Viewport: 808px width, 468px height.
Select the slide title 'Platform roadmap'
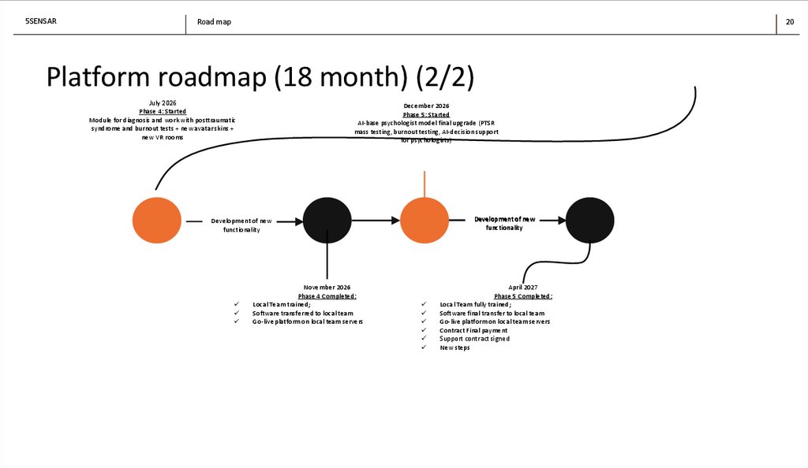(260, 77)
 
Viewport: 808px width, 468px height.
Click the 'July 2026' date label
(162, 103)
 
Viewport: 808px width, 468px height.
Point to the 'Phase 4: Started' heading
(162, 112)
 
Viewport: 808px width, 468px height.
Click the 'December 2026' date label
(426, 106)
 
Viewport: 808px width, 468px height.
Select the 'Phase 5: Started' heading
(426, 114)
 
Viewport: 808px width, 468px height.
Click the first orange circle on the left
(156, 221)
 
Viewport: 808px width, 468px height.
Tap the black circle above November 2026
(327, 221)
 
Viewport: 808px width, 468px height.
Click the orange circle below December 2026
(425, 221)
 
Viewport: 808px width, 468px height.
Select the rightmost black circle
(589, 221)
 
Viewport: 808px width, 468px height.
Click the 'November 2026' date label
(327, 288)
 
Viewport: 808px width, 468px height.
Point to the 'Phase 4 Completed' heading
(327, 296)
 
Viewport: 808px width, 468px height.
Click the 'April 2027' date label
(523, 288)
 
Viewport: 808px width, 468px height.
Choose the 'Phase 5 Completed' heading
(523, 296)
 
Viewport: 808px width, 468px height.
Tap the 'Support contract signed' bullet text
(474, 339)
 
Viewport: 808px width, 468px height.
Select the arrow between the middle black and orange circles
(376, 221)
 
